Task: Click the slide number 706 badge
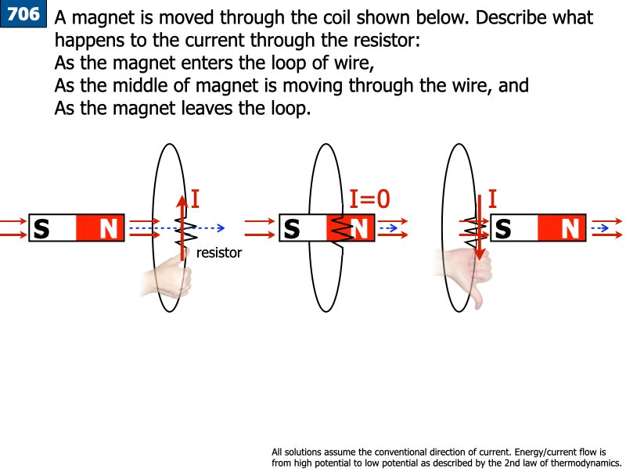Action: [23, 14]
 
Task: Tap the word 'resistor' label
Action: [219, 253]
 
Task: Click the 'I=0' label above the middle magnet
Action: [369, 200]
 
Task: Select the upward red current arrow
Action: [182, 226]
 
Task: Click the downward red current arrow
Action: [480, 234]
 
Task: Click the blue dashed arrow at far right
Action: [601, 227]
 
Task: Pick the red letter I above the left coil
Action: [195, 199]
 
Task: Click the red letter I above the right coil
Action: [492, 199]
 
